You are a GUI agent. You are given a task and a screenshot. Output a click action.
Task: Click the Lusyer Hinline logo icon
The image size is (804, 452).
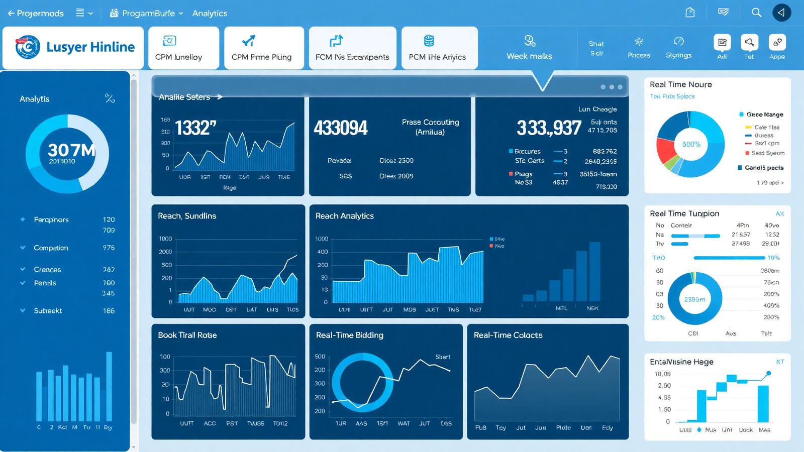coord(28,47)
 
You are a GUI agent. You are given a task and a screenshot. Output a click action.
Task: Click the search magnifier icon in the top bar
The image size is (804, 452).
coord(756,13)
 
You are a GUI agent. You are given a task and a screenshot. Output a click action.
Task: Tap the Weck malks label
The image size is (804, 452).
coord(529,56)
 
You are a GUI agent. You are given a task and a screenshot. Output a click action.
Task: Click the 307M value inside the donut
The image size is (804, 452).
coord(71,150)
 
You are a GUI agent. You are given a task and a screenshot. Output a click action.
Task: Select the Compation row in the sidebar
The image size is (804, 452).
coord(51,248)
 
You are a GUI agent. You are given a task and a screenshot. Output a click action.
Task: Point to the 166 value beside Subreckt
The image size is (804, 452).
coord(109,311)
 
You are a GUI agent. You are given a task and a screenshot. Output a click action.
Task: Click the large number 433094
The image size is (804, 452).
coord(341,128)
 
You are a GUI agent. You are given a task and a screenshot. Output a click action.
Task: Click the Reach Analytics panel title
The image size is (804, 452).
coord(344,216)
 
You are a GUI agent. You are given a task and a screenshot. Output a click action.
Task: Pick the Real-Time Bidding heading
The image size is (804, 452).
coord(349,335)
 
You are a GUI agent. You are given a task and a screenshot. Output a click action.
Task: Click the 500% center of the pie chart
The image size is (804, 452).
coord(691,144)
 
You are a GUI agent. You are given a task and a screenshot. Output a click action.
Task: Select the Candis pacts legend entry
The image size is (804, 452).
coord(764,168)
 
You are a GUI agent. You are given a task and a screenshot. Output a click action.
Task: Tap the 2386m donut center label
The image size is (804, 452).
coord(694,299)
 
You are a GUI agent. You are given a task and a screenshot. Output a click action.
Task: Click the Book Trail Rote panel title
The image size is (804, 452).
coord(187,335)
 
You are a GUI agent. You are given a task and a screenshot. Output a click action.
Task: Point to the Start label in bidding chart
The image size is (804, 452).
coord(442,357)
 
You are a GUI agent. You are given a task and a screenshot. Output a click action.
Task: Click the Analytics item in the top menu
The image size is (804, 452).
coord(210,13)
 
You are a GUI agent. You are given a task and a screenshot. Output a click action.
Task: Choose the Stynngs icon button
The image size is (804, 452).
coord(678,42)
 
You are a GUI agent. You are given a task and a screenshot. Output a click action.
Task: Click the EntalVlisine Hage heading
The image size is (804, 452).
coord(681,362)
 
